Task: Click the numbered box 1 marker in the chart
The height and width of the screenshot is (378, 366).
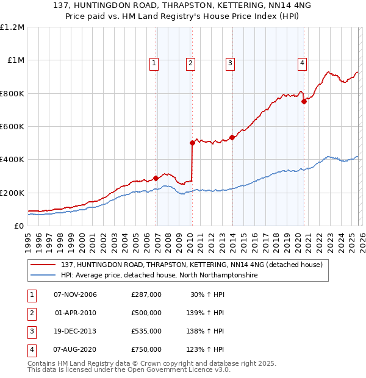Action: tap(154, 62)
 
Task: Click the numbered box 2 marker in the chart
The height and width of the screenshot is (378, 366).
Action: tap(190, 62)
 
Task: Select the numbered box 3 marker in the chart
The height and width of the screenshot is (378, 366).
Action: tap(230, 62)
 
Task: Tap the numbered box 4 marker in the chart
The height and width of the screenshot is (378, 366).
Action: tap(302, 62)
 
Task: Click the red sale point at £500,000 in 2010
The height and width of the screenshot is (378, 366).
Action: tap(192, 143)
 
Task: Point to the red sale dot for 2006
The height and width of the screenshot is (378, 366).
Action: tap(156, 178)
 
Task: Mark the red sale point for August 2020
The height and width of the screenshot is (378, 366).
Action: tap(304, 102)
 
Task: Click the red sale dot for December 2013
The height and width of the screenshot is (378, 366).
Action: tap(232, 137)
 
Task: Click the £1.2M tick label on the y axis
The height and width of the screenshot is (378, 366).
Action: tap(12, 27)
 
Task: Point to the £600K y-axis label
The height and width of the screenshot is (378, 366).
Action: tap(12, 127)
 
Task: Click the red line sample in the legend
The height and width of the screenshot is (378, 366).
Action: tap(44, 265)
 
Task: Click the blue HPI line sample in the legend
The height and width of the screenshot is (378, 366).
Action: tap(44, 276)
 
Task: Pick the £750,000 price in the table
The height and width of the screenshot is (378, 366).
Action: tap(146, 349)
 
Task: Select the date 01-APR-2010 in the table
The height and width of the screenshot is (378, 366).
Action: tap(76, 313)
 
